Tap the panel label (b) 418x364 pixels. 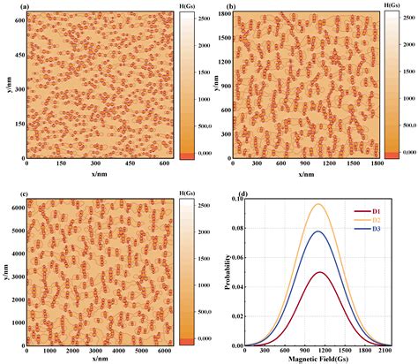point(231,7)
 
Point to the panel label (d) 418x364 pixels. point(231,193)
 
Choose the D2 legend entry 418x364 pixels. point(382,222)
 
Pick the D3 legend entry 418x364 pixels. point(382,231)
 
